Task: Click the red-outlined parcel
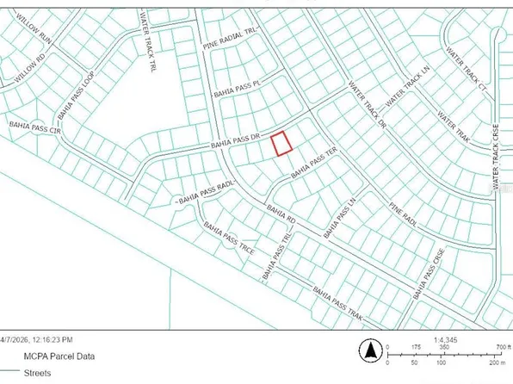tap(281, 143)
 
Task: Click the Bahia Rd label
tap(280, 211)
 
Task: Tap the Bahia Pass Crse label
tap(431, 268)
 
